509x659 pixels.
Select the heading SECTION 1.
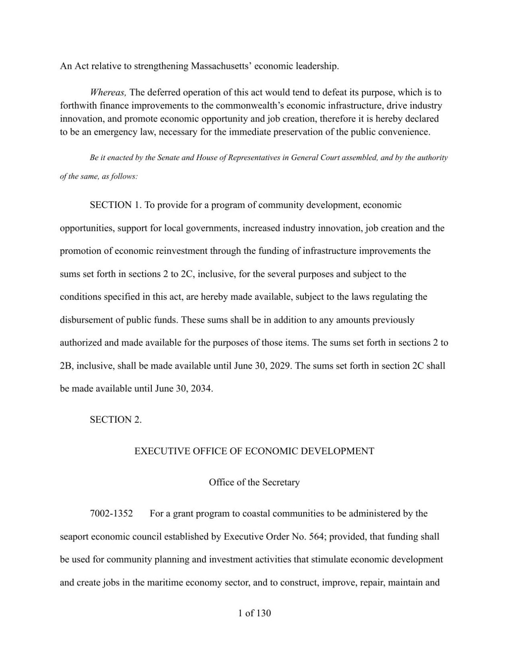click(116, 205)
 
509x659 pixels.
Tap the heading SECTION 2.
click(116, 420)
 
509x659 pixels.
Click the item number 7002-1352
click(111, 514)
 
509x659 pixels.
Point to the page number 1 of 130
click(254, 613)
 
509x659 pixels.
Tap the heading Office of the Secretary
click(254, 482)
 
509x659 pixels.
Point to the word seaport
click(73, 537)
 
